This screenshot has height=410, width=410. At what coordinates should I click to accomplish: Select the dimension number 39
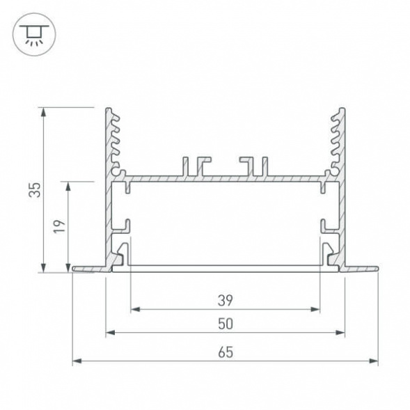[225, 300]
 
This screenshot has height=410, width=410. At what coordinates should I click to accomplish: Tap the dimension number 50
[225, 324]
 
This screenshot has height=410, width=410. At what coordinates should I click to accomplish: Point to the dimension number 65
[225, 352]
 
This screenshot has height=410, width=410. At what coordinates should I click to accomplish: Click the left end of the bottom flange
[73, 268]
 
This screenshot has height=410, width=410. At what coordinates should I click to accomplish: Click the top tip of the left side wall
[108, 109]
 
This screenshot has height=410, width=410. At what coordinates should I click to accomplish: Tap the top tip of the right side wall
[342, 109]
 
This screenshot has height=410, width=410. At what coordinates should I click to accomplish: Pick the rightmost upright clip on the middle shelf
[264, 166]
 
